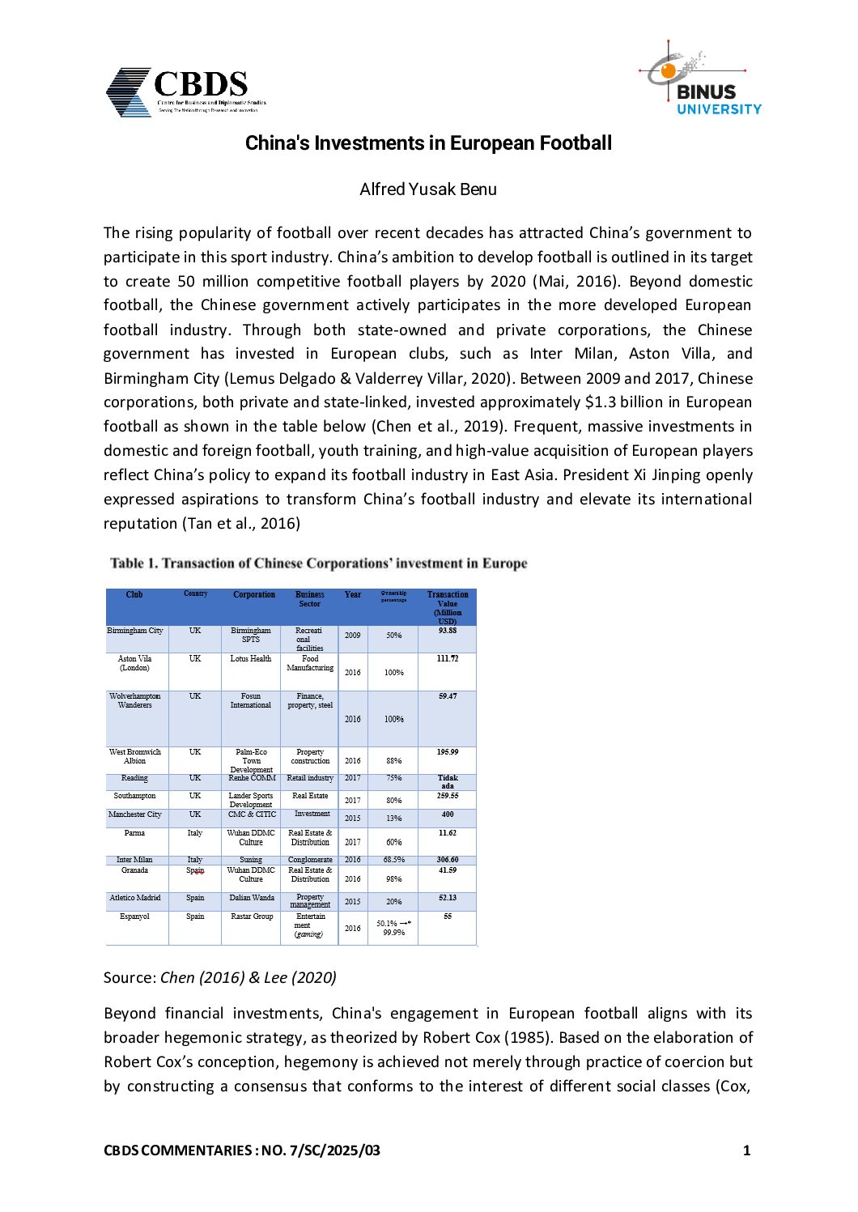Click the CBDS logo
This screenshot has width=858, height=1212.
185,91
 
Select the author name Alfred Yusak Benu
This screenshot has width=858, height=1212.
428,189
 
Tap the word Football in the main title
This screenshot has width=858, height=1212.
576,143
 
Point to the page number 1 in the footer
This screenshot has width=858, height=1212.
746,1150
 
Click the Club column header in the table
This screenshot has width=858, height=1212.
134,595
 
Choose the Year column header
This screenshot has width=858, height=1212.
352,595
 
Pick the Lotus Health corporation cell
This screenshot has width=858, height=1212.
251,659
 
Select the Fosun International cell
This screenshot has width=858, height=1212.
251,700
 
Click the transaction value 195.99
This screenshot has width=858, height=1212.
448,752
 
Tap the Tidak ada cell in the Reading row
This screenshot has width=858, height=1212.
448,782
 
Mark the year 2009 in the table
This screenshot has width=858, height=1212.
353,636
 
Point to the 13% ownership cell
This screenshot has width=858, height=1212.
394,819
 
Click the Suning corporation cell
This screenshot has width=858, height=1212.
251,860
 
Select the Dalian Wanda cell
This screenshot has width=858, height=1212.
251,898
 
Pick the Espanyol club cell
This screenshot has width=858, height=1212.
134,916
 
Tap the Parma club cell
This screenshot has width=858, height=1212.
134,833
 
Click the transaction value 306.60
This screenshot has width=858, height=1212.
448,860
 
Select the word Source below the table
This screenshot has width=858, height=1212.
129,977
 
